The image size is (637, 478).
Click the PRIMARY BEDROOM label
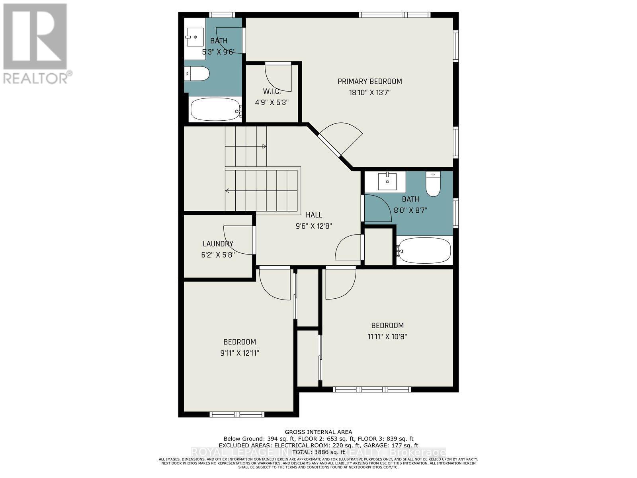369,81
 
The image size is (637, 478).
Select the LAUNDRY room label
218,244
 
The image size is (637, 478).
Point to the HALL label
314,215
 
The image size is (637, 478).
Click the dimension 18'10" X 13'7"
369,92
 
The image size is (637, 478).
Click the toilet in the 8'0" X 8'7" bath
433,184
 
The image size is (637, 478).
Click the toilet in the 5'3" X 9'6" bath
198,73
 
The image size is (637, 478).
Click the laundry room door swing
238,240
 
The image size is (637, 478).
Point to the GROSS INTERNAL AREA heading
318,432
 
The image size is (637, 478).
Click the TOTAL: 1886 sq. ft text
318,452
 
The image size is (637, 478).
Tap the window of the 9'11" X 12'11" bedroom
236,414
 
